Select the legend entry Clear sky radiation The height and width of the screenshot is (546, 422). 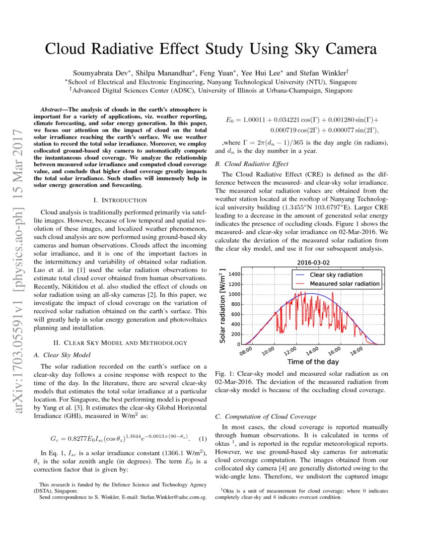click(336, 274)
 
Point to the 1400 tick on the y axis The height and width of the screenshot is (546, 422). click(234, 274)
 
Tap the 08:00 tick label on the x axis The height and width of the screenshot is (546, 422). click(246, 352)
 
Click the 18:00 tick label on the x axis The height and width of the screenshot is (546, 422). click(356, 352)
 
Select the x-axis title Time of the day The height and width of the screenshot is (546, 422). click(313, 362)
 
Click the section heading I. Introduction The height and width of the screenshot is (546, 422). click(120, 200)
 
